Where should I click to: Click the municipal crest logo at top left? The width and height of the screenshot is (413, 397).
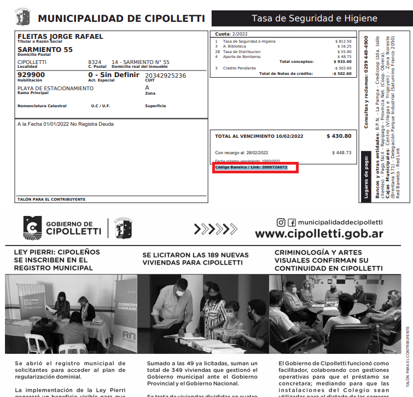[x=22, y=17]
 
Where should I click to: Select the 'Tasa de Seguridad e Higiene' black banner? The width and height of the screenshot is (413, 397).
[x=314, y=19]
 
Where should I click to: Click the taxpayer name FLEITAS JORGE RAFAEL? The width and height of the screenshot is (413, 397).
[x=60, y=37]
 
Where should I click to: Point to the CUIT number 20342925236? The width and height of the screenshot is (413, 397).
[x=165, y=75]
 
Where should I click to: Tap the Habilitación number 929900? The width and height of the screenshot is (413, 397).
[x=31, y=75]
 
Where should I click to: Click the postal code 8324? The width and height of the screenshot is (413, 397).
[x=95, y=62]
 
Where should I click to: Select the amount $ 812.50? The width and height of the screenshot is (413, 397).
[x=343, y=41]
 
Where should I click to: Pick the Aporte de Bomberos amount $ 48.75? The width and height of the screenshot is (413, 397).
[x=344, y=56]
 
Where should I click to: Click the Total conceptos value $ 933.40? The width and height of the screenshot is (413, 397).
[x=342, y=62]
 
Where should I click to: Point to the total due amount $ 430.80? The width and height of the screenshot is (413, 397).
[x=339, y=136]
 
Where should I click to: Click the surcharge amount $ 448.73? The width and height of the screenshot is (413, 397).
[x=341, y=153]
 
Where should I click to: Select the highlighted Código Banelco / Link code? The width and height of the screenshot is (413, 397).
[x=252, y=167]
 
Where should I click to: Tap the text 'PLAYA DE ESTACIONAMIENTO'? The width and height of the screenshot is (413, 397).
[x=56, y=88]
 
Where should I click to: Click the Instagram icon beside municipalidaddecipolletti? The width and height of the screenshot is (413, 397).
[x=281, y=222]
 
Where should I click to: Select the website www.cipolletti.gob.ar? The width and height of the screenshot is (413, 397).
[x=319, y=234]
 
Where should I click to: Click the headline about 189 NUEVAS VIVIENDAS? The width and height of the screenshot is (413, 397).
[x=196, y=259]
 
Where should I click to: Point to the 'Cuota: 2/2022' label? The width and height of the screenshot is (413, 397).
[x=231, y=33]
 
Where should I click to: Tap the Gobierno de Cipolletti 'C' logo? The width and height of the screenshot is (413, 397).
[x=32, y=227]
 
